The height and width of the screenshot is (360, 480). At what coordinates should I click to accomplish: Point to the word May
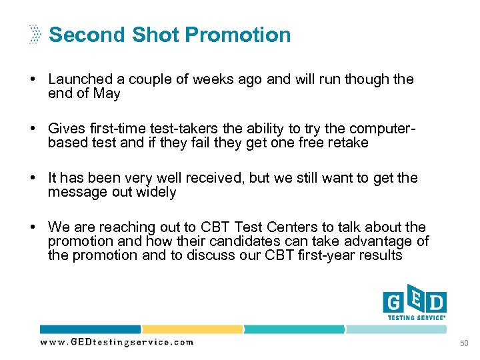click(107, 93)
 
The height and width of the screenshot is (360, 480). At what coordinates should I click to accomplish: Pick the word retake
click(347, 143)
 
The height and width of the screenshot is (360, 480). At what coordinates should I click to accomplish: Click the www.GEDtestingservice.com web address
click(117, 342)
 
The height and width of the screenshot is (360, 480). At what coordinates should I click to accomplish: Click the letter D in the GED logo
click(437, 303)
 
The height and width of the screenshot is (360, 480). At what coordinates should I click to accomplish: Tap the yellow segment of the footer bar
click(191, 329)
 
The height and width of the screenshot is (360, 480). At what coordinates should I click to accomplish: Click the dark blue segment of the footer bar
click(90, 329)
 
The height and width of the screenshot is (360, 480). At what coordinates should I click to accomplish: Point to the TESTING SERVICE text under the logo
click(415, 317)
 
